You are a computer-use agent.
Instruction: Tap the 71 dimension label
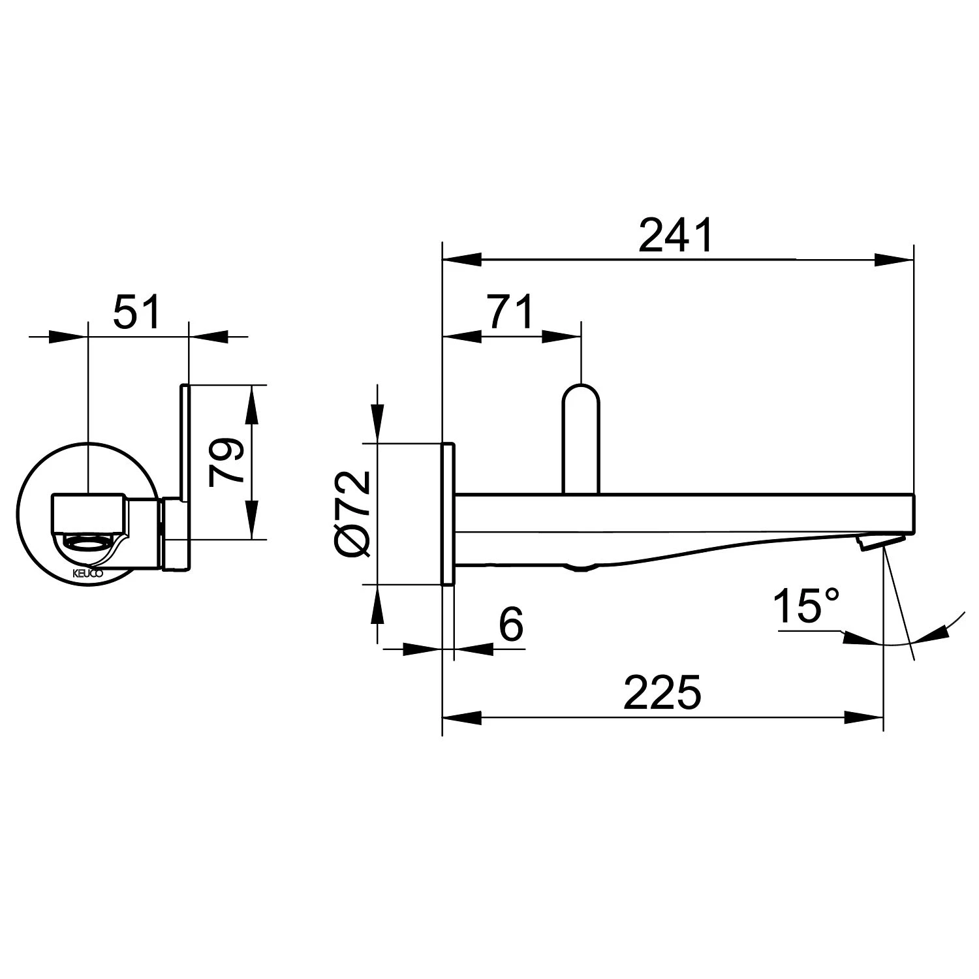pyautogui.click(x=511, y=312)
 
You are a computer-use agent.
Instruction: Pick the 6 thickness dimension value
pyautogui.click(x=511, y=625)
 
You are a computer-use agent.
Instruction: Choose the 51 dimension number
pyautogui.click(x=137, y=312)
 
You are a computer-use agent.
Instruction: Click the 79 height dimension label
pyautogui.click(x=226, y=462)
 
